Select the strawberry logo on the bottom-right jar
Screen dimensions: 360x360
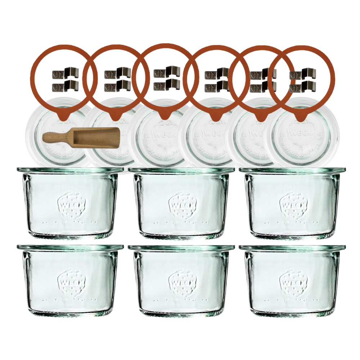[x=293, y=284]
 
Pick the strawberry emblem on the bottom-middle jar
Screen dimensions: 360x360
[x=183, y=284]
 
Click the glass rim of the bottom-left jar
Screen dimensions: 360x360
[x=70, y=248]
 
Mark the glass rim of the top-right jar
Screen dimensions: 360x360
[x=292, y=170]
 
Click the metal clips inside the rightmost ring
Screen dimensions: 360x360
[x=303, y=80]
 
